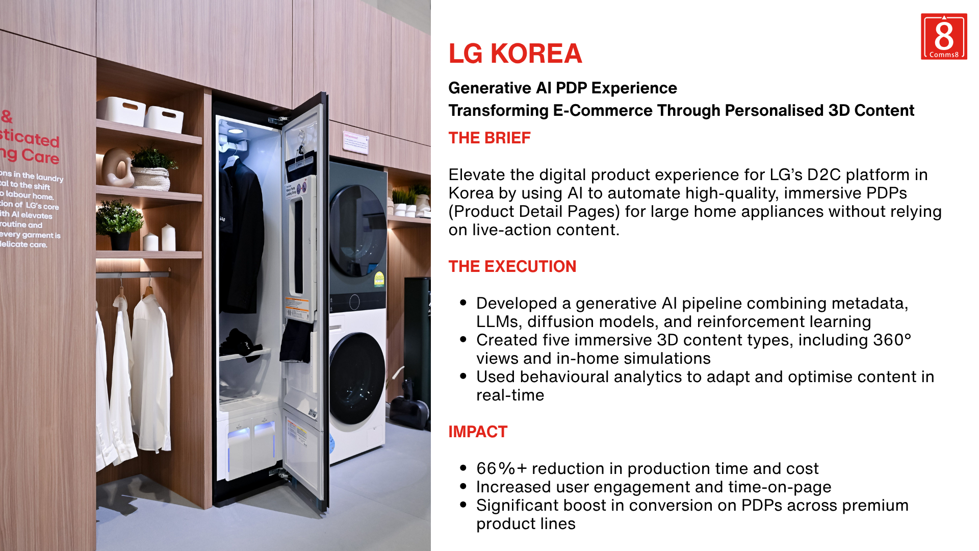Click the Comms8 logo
tap(943, 37)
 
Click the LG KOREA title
tap(515, 54)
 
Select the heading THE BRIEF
tap(489, 138)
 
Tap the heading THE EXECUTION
tap(512, 266)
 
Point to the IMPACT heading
tap(478, 432)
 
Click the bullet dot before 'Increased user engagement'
tap(463, 487)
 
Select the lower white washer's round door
tap(357, 378)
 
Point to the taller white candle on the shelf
tap(168, 237)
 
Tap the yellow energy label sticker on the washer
tap(379, 279)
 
